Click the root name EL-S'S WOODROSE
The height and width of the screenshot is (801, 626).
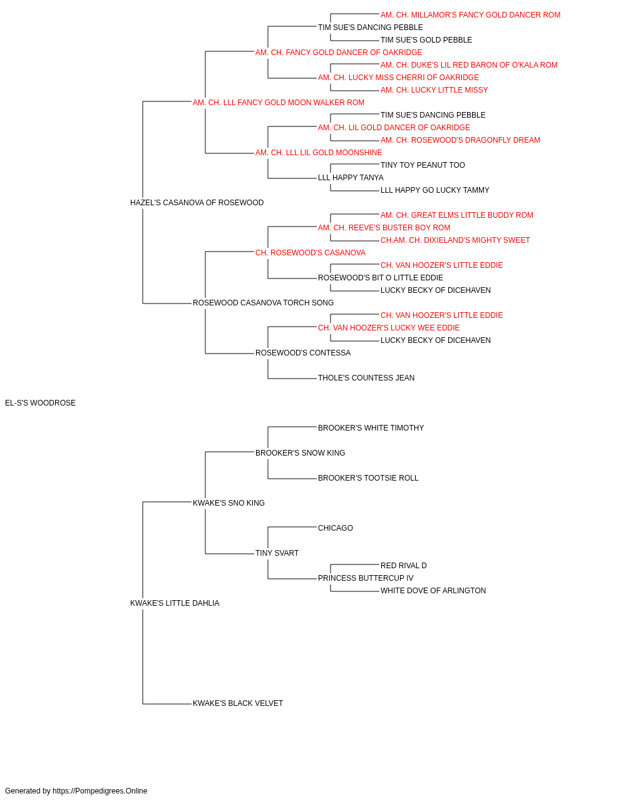(40, 403)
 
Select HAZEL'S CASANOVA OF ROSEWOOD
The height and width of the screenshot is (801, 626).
(197, 203)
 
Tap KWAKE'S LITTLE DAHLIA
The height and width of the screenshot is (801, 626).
(175, 603)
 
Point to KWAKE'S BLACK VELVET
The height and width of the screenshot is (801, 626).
(238, 703)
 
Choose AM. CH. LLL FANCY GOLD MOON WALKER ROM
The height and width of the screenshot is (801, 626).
(279, 103)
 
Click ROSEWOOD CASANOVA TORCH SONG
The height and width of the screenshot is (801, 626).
(263, 303)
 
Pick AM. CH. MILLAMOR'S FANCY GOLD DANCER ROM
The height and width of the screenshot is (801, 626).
(470, 15)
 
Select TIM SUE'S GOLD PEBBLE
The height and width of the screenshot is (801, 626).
(426, 40)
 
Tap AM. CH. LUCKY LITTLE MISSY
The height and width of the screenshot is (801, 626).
(434, 90)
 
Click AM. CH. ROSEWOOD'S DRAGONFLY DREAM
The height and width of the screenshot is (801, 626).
(461, 140)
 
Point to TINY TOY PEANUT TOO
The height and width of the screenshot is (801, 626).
(423, 165)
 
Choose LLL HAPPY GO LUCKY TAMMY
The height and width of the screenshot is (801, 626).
(435, 190)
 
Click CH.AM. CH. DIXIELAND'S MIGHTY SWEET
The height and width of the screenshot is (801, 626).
(455, 240)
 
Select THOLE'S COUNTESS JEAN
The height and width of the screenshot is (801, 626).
(366, 378)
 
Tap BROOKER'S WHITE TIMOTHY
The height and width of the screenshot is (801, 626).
(371, 428)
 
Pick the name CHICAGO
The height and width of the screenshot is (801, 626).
(336, 528)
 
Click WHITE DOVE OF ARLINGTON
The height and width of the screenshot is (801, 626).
(433, 591)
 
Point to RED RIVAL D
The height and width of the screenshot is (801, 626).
(404, 566)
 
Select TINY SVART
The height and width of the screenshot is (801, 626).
(277, 553)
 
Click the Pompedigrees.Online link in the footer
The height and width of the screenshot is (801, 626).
(100, 791)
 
